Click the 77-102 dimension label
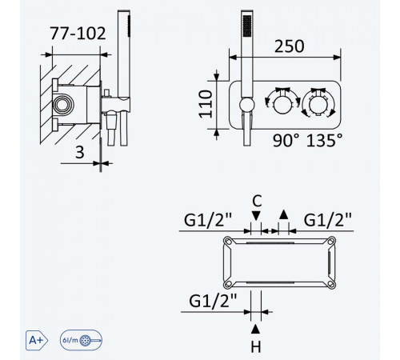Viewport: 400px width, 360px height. tap(78, 34)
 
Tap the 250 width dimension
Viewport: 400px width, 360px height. tap(289, 46)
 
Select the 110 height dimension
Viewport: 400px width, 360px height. tap(206, 104)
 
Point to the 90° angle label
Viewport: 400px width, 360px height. tap(286, 140)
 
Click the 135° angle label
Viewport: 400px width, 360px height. tap(324, 140)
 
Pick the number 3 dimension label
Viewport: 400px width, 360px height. tap(80, 152)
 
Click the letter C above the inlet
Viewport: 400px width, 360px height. tap(257, 201)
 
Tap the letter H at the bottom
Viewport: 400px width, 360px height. tap(256, 347)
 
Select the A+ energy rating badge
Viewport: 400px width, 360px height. tap(37, 340)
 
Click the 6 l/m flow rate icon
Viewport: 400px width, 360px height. tap(81, 340)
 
